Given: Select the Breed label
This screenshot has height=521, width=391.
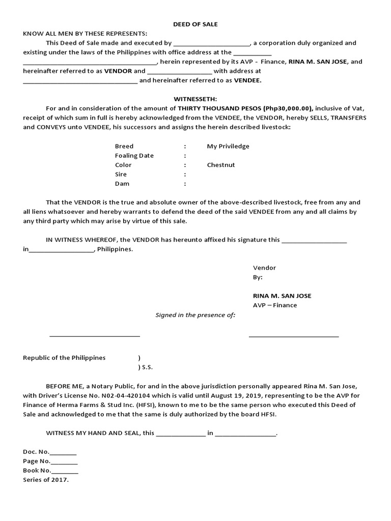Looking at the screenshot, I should click(x=124, y=146).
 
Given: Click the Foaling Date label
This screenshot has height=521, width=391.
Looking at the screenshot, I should click(x=134, y=156).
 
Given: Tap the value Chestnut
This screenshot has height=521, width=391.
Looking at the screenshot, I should click(x=221, y=165).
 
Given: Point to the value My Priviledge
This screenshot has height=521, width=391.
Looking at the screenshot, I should click(x=228, y=146).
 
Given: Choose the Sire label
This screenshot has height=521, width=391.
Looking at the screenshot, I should click(x=121, y=174).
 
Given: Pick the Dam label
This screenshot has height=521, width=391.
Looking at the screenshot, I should click(x=122, y=184).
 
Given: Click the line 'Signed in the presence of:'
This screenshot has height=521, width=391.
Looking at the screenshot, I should click(x=195, y=315).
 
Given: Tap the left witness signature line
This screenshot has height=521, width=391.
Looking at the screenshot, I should click(x=95, y=336).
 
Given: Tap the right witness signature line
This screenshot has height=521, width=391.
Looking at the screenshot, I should click(x=294, y=336).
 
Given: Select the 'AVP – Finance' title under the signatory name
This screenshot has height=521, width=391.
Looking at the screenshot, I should click(x=275, y=305).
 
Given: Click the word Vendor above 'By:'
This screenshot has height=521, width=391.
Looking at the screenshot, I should click(x=264, y=268).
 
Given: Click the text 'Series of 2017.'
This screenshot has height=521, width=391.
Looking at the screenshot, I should click(x=46, y=480).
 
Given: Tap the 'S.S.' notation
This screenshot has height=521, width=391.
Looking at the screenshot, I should click(x=147, y=367).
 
